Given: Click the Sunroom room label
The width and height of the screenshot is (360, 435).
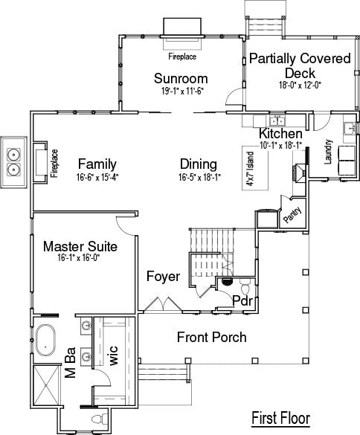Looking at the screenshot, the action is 181,79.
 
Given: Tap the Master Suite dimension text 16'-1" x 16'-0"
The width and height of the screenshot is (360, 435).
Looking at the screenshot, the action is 79,258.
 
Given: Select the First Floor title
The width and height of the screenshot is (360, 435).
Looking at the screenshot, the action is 280,418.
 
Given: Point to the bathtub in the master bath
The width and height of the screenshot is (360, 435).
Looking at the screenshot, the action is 45,340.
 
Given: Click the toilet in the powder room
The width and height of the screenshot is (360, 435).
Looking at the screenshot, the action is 245,287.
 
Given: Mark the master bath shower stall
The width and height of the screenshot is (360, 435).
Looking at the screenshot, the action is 47,386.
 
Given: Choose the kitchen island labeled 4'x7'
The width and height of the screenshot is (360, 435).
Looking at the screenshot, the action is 255,168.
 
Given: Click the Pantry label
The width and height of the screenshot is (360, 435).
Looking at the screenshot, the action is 292,215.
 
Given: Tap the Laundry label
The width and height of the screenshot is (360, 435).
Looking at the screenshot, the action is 328,152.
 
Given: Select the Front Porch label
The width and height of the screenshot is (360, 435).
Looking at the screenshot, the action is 211,337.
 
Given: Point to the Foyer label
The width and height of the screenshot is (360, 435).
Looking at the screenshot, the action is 163,277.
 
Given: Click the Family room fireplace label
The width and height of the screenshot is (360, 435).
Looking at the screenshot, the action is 54,164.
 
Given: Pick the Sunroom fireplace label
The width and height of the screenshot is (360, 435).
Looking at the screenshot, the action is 182,57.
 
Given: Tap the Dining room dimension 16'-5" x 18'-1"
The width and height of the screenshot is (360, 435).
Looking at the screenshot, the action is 199,177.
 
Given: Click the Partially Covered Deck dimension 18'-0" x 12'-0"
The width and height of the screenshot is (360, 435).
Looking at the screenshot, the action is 300,85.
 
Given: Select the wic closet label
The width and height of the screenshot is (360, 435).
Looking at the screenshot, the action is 114,355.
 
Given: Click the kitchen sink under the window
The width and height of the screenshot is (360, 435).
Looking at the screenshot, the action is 277,121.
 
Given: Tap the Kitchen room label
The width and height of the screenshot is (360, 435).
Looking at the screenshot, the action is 280,133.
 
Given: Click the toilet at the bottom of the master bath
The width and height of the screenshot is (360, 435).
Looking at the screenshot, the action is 99,419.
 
